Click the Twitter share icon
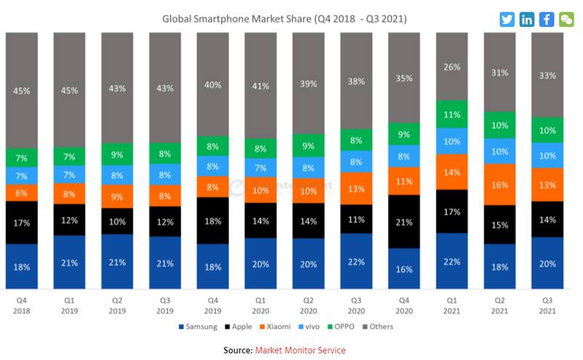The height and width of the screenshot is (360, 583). coord(507,20)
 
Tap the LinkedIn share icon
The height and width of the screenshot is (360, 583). coord(527,20)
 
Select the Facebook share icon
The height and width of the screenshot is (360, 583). coord(547,20)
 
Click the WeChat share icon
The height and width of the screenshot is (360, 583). coord(566,20)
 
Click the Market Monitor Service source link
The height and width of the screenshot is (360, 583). coord(300,351)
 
